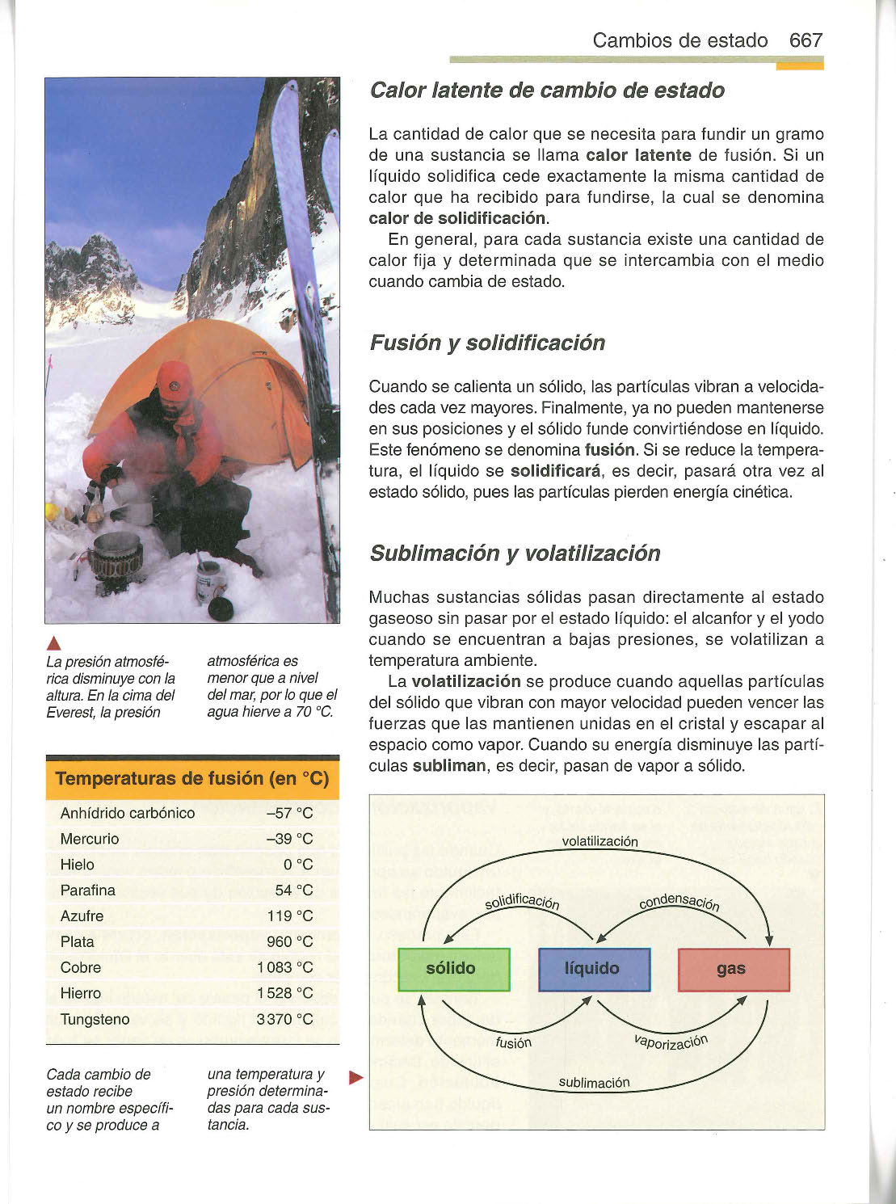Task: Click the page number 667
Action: point(806,40)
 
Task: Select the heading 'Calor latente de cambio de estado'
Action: point(547,91)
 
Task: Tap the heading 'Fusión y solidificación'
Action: point(487,343)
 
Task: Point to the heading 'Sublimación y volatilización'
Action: point(515,554)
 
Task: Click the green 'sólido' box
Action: point(454,969)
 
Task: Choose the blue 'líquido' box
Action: point(594,969)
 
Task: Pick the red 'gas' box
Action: point(733,969)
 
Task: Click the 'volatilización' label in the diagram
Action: point(599,841)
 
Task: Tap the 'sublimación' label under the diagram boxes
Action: point(594,1083)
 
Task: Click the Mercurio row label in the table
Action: point(90,839)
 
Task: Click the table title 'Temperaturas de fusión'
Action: point(192,779)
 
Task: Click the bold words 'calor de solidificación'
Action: point(457,219)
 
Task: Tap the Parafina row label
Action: point(88,890)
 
